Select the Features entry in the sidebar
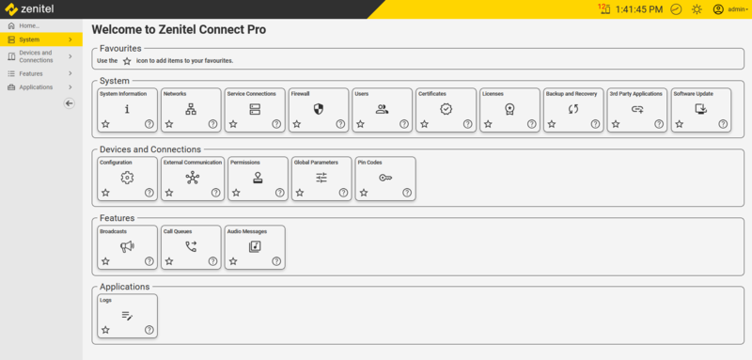tap(31, 72)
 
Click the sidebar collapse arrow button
tap(69, 103)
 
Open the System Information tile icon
tap(127, 109)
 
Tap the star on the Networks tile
tap(169, 124)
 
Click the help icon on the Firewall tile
tap(340, 124)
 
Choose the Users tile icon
tap(382, 109)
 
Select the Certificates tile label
tap(432, 94)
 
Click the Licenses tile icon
tap(509, 109)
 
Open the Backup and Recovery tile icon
tap(573, 109)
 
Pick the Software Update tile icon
tap(700, 109)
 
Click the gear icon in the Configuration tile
tap(127, 178)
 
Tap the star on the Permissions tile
tap(233, 193)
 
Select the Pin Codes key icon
tap(385, 178)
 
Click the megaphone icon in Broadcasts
tap(127, 246)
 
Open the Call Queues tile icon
tap(191, 246)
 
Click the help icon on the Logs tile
tap(149, 330)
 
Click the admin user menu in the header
tap(729, 9)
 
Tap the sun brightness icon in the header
tap(697, 9)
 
